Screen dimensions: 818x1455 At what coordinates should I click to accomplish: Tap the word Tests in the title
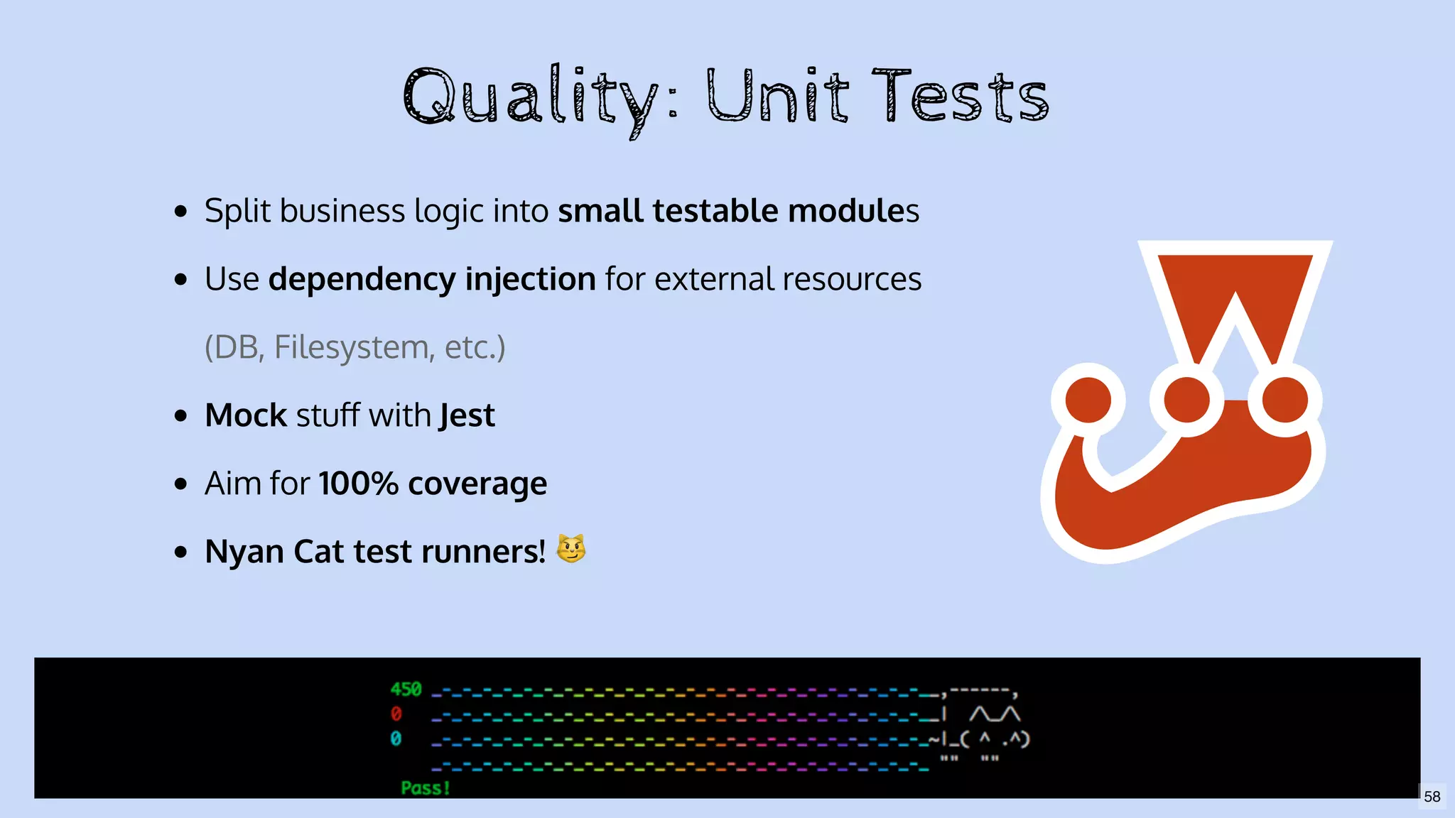(x=961, y=96)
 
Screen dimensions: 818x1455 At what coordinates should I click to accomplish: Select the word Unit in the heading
(x=778, y=96)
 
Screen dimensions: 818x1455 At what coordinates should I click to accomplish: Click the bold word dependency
(x=362, y=279)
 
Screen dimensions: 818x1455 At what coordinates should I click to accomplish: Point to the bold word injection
(x=530, y=279)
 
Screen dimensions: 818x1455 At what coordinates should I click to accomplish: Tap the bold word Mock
(x=246, y=415)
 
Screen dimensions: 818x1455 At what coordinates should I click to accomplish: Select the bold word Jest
(x=467, y=415)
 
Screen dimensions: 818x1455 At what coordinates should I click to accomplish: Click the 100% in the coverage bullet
(x=358, y=484)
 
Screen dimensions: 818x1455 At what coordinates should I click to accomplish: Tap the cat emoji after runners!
(x=570, y=549)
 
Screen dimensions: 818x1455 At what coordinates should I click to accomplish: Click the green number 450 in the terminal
(x=406, y=689)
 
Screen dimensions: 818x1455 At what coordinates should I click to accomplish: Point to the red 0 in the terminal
(x=396, y=713)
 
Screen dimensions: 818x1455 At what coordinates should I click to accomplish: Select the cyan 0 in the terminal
(x=396, y=738)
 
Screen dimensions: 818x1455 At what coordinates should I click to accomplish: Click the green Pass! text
(x=425, y=787)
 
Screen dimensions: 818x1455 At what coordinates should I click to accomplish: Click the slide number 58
(x=1432, y=797)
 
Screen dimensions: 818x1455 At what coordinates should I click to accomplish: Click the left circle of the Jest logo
(x=1088, y=400)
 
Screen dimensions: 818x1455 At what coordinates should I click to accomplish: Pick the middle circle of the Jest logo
(x=1186, y=400)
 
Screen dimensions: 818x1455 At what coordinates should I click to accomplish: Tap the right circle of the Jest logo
(x=1284, y=400)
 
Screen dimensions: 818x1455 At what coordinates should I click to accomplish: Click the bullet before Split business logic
(x=180, y=212)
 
